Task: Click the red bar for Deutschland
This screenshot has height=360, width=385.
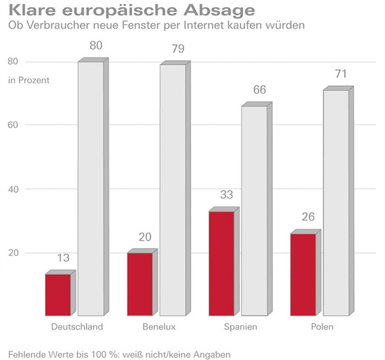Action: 58,295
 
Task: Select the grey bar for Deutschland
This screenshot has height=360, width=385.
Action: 91,189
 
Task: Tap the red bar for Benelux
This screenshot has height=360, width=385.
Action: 140,284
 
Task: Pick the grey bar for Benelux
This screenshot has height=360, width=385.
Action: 173,190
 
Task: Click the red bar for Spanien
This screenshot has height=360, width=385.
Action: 222,263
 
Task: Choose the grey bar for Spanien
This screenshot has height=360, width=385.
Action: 254,211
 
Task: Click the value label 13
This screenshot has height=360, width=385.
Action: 63,257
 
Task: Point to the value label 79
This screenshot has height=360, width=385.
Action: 177,47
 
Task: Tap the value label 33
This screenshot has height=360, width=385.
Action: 227,195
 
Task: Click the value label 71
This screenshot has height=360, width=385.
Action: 341,74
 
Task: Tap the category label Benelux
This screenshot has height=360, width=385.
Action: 158,328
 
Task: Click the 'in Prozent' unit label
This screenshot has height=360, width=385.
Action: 28,80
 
